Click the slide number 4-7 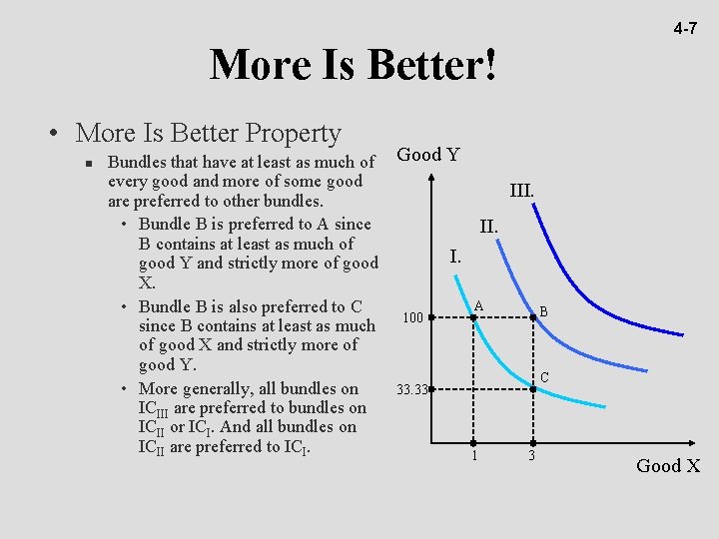[685, 29]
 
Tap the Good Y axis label [428, 155]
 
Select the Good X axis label [668, 466]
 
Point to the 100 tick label [411, 318]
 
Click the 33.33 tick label [411, 389]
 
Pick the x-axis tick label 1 [474, 456]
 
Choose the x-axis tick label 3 [531, 456]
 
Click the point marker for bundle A [473, 318]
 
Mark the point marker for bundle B [532, 318]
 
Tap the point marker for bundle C [532, 389]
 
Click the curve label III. [521, 190]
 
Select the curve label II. [488, 228]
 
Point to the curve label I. [454, 257]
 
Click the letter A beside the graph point [479, 304]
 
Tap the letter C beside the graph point [544, 377]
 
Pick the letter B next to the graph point [543, 312]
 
